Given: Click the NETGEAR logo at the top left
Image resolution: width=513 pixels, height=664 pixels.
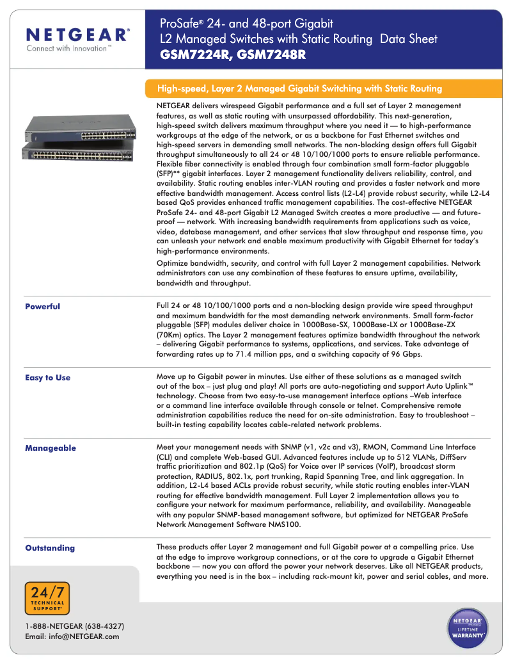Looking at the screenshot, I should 77,34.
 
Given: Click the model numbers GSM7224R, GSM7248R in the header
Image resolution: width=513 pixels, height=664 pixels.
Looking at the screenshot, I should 233,55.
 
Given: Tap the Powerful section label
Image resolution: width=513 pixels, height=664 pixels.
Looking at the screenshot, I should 42,307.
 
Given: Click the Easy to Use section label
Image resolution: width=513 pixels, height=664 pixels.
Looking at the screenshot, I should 47,378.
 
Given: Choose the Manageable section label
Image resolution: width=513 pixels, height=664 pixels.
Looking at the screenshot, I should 50,448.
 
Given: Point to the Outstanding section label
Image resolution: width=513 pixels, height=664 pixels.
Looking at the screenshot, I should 49,548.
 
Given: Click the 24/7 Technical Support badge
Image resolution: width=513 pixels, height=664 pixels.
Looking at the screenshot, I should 47,598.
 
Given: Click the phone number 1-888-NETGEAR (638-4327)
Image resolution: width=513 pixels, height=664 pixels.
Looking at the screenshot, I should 74,626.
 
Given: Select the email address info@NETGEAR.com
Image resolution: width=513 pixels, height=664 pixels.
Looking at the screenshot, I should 72,636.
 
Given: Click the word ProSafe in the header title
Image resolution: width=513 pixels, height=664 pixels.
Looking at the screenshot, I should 178,24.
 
